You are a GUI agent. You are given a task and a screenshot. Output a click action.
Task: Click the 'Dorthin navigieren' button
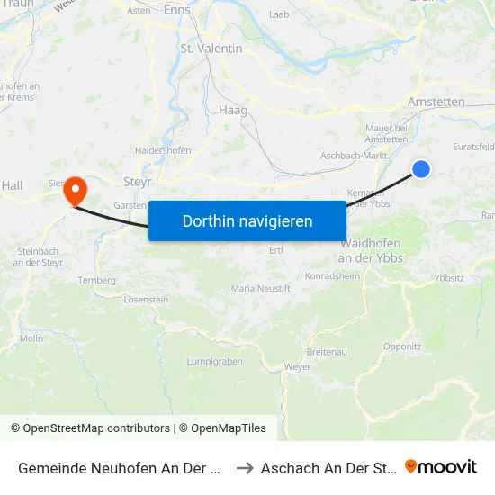coord(247,220)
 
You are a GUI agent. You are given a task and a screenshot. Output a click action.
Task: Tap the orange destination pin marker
coord(75,190)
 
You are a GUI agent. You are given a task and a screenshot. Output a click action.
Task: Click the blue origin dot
coord(420,168)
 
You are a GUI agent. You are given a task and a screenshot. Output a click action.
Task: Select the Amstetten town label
coord(436,102)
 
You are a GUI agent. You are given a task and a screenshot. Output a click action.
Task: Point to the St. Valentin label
coord(211,49)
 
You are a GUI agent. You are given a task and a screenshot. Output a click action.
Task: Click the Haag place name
coord(233,110)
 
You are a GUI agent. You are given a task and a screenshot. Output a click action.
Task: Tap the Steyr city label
coord(138,181)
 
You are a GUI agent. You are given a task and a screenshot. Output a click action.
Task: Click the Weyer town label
coord(297,366)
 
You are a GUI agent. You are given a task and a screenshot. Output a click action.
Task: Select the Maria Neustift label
coord(261,288)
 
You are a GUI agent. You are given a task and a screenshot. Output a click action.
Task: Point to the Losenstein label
coord(146,299)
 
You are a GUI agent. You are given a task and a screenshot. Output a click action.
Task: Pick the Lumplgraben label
coord(214,361)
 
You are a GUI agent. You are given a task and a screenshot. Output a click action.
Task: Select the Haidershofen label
coord(163,150)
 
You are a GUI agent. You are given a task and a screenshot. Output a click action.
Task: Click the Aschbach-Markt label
coord(355,156)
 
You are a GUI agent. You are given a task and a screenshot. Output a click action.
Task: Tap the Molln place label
coord(31,338)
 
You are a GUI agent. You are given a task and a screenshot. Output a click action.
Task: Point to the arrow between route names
coord(243,467)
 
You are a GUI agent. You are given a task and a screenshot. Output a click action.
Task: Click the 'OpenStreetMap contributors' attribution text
coord(96,428)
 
